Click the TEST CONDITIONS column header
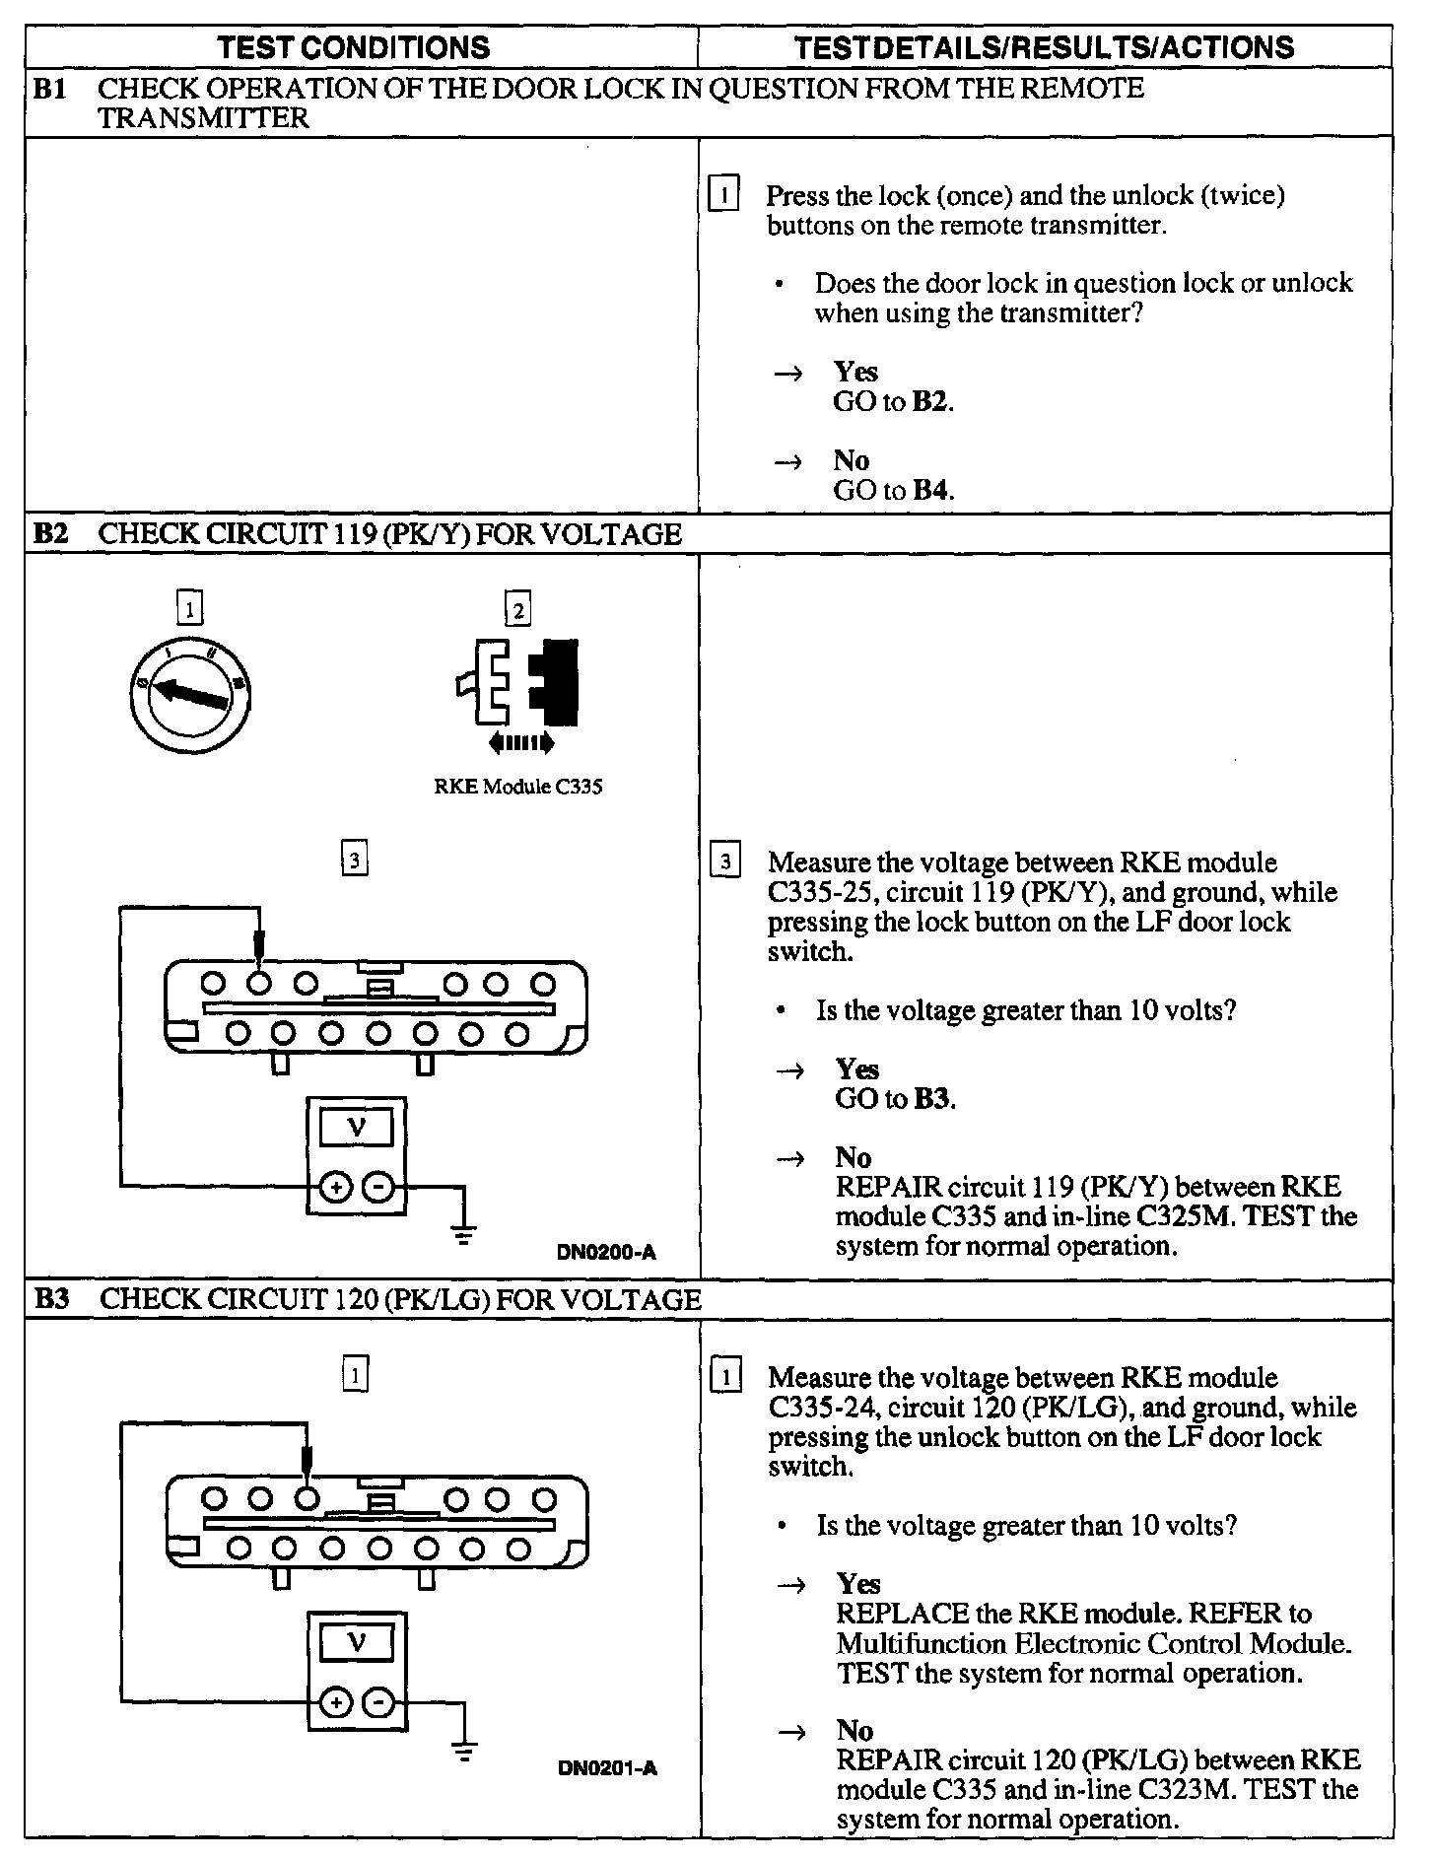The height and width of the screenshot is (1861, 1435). coord(353,47)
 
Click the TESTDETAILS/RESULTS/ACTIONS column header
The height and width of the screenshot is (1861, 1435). coord(1044,47)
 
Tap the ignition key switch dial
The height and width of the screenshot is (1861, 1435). coord(189,695)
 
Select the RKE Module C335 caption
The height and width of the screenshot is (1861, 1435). coord(517,788)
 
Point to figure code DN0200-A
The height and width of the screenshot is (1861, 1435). coord(606,1253)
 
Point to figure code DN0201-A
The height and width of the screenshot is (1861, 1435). coord(607,1767)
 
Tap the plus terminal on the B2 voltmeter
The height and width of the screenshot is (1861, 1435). coord(336,1188)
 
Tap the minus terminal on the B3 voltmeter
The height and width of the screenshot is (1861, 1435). coord(379,1702)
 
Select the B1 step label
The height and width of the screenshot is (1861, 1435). coord(50,89)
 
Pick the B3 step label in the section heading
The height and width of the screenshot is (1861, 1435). coord(51,1299)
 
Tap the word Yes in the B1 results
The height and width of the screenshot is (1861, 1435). coord(855,372)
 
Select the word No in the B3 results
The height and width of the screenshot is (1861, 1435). coord(855,1730)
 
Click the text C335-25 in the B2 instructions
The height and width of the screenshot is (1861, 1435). coord(813,893)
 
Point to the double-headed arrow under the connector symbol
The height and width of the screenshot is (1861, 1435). coord(520,741)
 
